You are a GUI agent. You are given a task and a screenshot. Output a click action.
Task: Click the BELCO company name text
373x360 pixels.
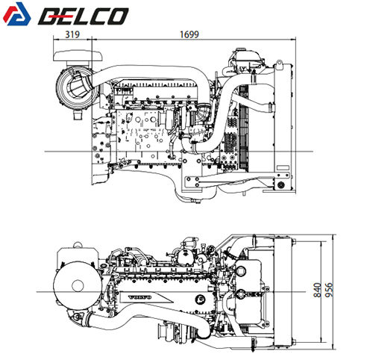click(x=84, y=16)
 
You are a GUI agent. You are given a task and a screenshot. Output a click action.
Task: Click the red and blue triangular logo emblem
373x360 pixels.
click(x=17, y=14)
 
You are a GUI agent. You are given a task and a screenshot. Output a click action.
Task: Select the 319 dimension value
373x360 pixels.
click(x=72, y=34)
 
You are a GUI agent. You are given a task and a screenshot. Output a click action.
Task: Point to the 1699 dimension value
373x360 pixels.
click(x=189, y=34)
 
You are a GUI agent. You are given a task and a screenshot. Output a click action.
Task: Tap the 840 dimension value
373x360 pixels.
click(x=317, y=290)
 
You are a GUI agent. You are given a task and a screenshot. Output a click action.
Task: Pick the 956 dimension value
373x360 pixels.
click(x=329, y=290)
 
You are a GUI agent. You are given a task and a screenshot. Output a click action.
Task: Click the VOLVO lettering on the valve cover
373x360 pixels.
click(x=140, y=297)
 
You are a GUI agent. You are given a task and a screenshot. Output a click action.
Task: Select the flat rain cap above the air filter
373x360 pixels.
click(x=78, y=56)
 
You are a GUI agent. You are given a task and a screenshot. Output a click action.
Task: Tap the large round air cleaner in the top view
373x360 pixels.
click(x=78, y=285)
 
